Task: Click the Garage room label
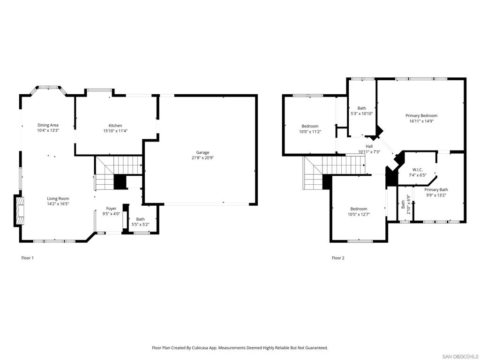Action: click(202, 152)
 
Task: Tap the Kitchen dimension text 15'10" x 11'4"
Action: click(115, 131)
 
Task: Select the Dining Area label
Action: click(48, 125)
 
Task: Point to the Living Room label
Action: click(58, 199)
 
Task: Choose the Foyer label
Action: click(111, 209)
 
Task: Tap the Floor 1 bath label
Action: click(140, 219)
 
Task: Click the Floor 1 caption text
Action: click(28, 258)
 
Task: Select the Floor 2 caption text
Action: click(338, 258)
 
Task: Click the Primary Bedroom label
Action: click(421, 116)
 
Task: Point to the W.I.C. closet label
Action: click(418, 170)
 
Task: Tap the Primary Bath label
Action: click(436, 190)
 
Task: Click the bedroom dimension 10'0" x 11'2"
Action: click(310, 132)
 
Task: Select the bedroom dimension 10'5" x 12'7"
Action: click(359, 215)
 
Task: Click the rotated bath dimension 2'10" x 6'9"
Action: click(408, 204)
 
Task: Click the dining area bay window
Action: click(49, 87)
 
